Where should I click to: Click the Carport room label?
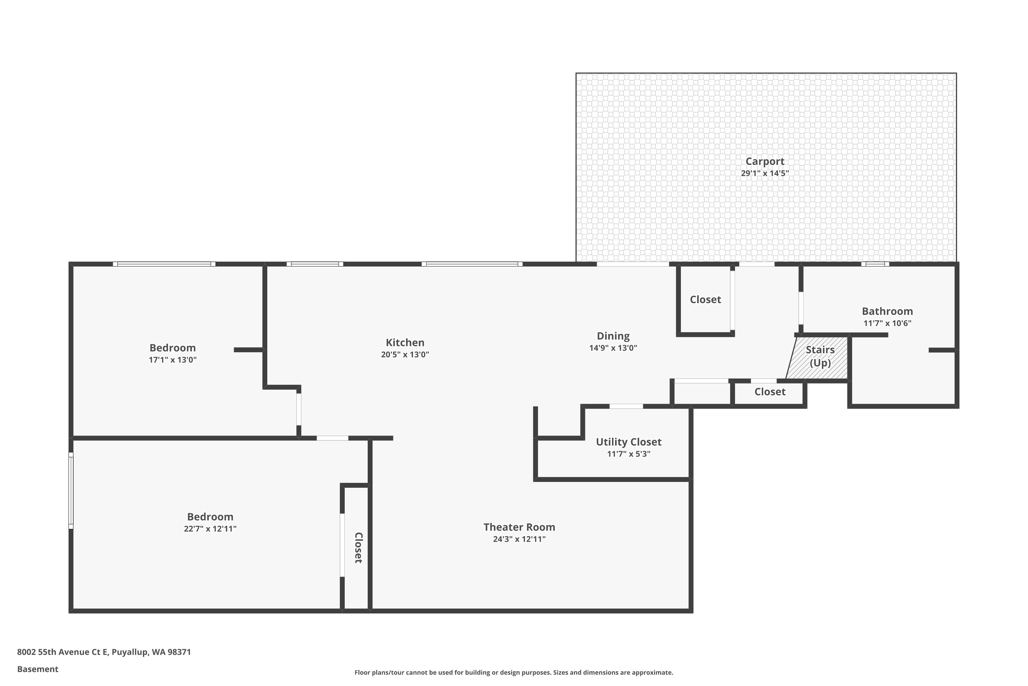click(765, 162)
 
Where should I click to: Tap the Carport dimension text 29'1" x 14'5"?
click(765, 173)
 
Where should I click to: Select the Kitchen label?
click(405, 343)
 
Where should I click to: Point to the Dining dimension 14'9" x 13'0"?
click(613, 348)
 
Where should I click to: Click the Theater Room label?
click(519, 527)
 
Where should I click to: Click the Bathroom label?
click(887, 311)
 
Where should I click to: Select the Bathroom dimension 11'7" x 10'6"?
click(887, 323)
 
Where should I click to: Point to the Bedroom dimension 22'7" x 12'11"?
click(210, 529)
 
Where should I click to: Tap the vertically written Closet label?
click(358, 548)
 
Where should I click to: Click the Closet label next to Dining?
click(706, 300)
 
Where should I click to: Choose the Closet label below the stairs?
click(770, 392)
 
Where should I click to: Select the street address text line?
click(104, 652)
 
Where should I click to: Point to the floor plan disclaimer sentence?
click(514, 672)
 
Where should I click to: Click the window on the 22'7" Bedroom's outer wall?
click(71, 490)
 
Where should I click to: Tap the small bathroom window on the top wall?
click(875, 264)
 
